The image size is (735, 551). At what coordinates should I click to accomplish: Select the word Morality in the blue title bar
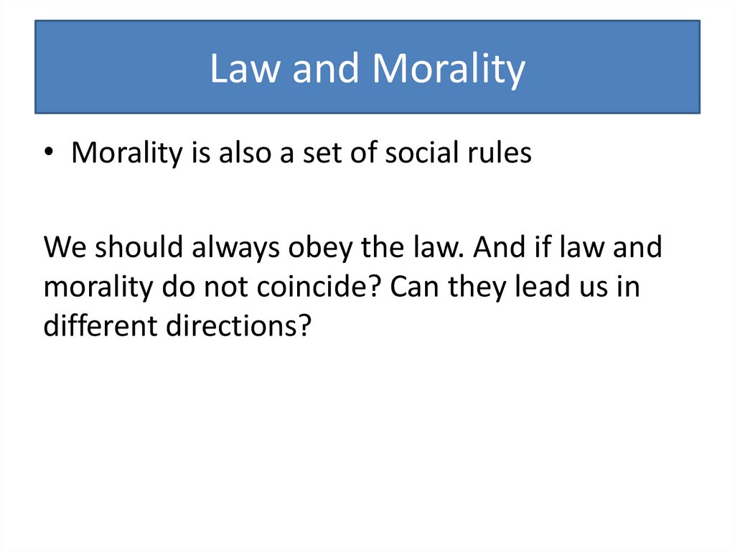(x=449, y=70)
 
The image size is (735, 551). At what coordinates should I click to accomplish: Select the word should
(x=132, y=248)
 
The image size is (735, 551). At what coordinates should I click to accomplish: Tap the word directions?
(x=238, y=327)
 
